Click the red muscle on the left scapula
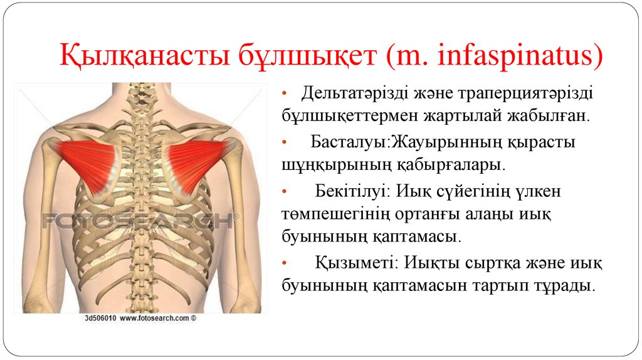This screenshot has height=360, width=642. [x=88, y=163]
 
